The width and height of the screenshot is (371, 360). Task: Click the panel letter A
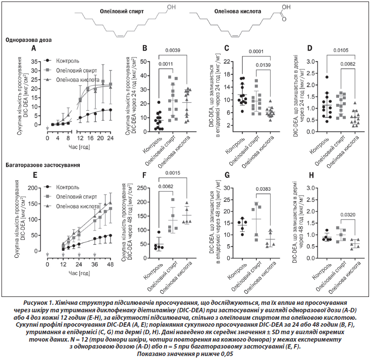point(34,48)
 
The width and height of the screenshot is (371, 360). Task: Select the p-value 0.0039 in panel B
point(173,50)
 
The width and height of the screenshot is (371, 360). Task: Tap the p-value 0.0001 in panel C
point(256,52)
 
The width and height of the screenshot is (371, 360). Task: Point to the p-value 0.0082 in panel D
point(348,64)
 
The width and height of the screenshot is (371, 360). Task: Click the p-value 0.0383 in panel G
point(263,189)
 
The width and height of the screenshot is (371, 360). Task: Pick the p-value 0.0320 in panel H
point(348,215)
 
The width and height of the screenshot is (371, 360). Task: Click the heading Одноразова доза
point(29,40)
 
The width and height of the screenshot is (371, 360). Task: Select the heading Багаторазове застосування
point(43,165)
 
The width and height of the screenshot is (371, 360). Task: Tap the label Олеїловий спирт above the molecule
point(122,11)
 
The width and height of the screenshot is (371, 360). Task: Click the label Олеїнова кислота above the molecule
point(238,11)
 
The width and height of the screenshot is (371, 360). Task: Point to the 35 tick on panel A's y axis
point(34,62)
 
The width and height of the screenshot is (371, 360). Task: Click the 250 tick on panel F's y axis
point(142,188)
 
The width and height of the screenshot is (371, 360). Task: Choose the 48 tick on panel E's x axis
point(110,264)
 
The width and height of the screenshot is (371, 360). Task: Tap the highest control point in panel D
point(326,77)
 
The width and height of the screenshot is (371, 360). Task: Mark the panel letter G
point(227,175)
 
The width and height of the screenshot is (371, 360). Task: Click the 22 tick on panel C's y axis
point(227,62)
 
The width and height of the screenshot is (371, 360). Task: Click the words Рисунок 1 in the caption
point(38,303)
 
